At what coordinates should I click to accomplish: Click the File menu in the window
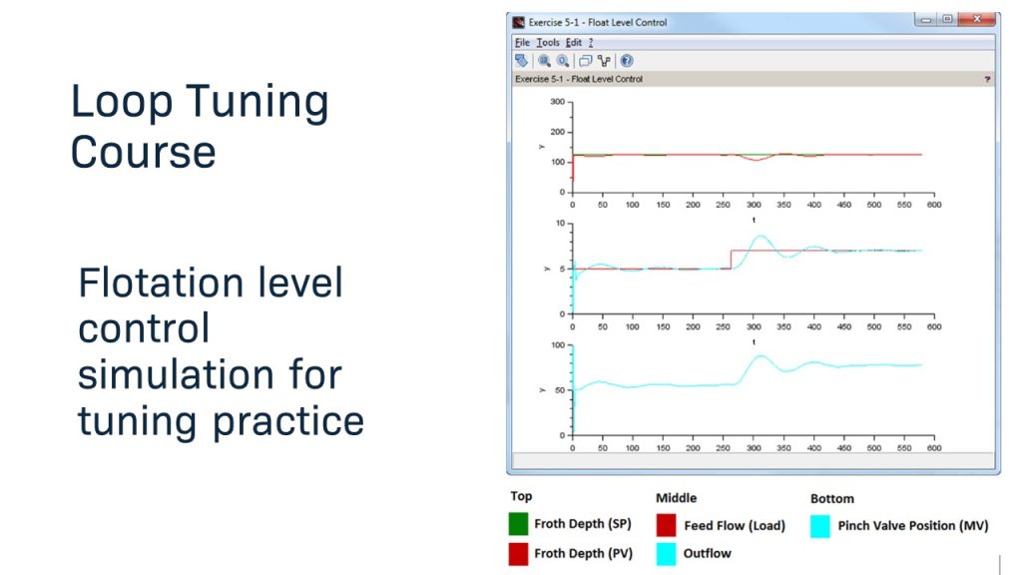[522, 43]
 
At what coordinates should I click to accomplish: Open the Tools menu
[548, 43]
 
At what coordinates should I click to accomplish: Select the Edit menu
[573, 43]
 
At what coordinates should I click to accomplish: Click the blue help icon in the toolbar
[627, 61]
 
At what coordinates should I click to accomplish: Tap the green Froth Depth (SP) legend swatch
[518, 524]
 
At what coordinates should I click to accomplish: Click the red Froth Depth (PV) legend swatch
[518, 554]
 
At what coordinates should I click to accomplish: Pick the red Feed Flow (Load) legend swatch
[667, 525]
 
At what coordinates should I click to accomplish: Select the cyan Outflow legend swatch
[667, 553]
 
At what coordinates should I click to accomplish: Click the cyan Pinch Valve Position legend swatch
[819, 525]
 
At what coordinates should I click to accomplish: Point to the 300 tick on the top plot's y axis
[557, 102]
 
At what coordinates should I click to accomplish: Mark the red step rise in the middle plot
[732, 260]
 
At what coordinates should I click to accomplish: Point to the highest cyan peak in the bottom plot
[761, 355]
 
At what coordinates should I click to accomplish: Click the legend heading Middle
[676, 497]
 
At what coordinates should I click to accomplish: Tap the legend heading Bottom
[831, 497]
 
